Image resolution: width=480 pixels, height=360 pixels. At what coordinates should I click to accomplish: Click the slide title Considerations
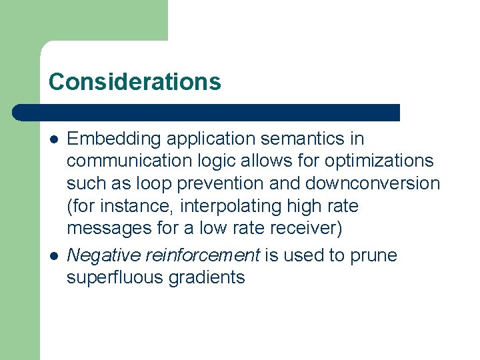[134, 81]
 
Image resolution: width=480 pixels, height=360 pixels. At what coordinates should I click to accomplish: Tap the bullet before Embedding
[53, 139]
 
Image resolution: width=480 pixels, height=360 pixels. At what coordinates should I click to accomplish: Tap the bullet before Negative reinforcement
[53, 256]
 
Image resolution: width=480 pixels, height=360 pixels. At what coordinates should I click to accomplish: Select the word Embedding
[114, 139]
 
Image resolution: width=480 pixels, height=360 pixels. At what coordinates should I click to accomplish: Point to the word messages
[109, 229]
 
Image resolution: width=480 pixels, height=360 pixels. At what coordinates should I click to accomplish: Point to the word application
[209, 139]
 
